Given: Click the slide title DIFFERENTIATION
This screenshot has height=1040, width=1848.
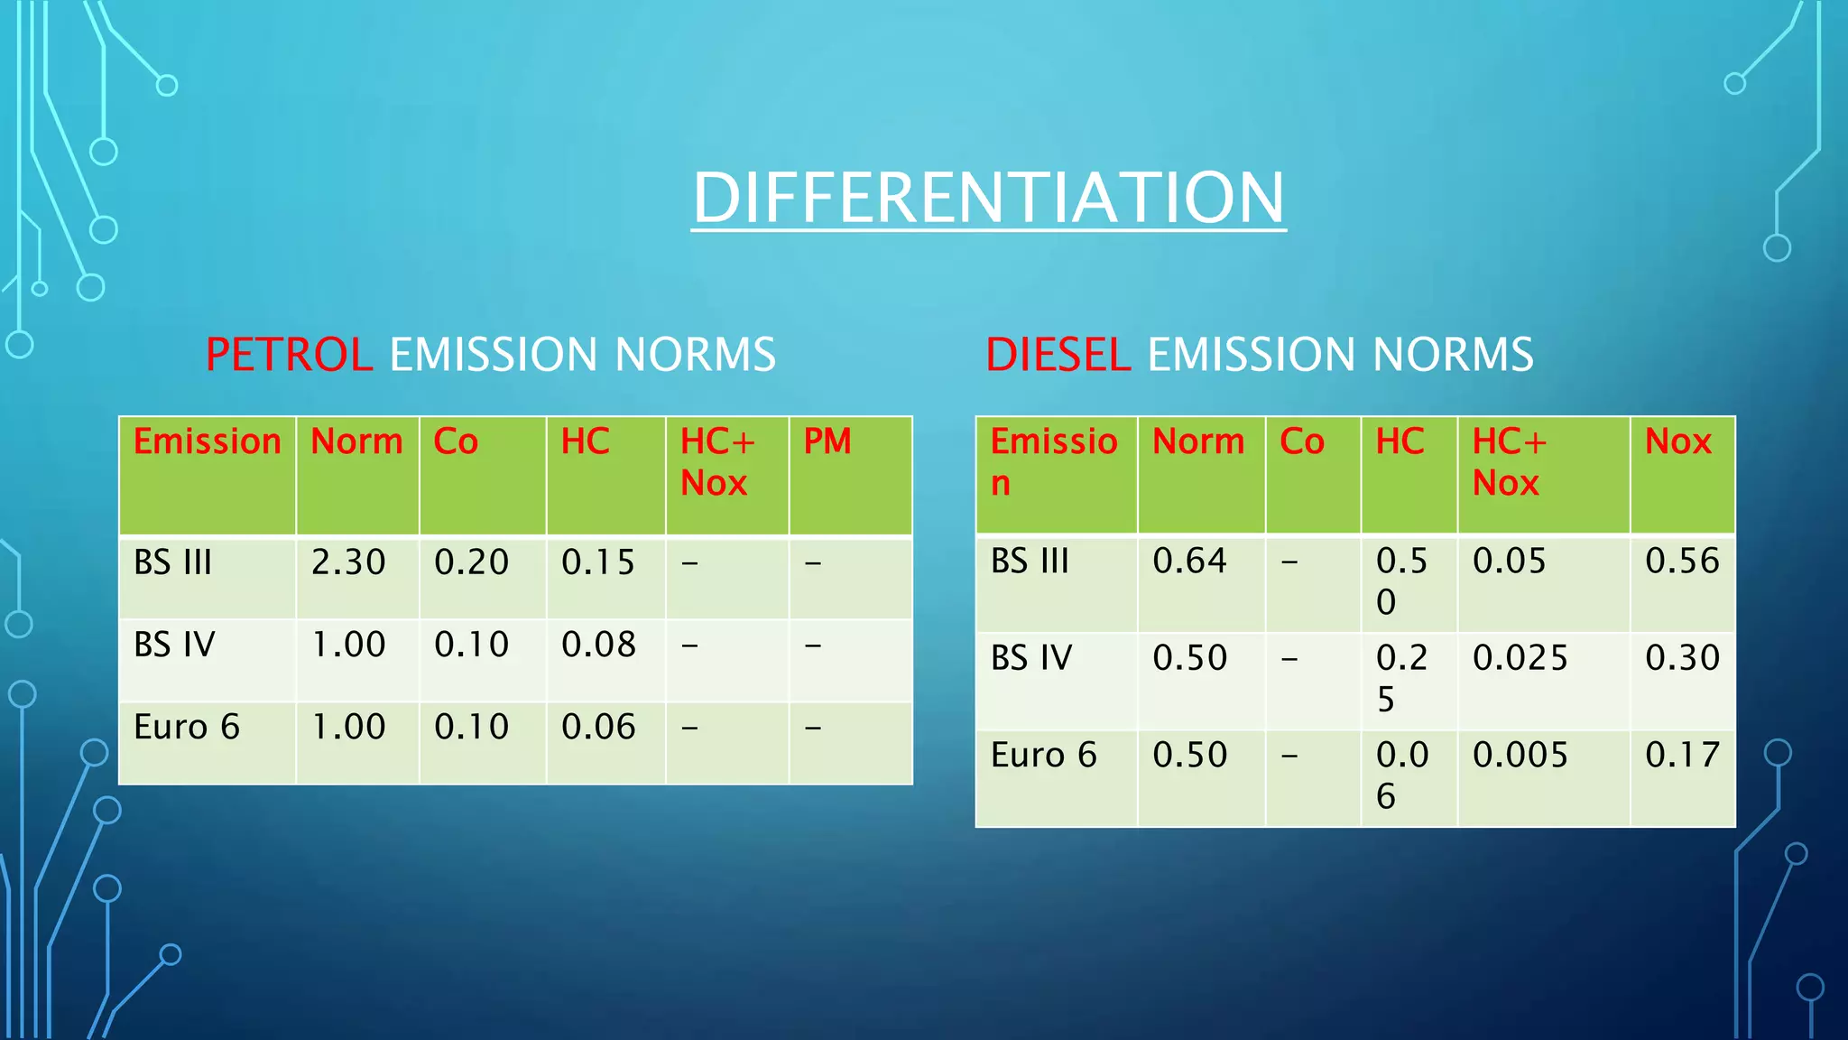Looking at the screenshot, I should click(x=988, y=198).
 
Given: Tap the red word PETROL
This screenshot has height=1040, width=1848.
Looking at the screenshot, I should click(x=289, y=354).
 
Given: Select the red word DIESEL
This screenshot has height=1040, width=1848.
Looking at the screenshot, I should click(x=1058, y=354).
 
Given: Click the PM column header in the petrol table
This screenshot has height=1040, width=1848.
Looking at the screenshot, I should click(x=827, y=441).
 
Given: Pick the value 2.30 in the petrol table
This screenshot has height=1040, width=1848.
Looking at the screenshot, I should click(x=348, y=562).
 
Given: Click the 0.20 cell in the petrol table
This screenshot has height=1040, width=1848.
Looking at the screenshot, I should click(x=471, y=562).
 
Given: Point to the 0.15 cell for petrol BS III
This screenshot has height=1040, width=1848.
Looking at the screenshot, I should click(x=598, y=562).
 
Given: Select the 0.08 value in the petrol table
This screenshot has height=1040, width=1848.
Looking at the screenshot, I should click(x=598, y=645).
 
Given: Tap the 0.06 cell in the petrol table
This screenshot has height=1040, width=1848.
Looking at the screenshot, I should click(x=598, y=727).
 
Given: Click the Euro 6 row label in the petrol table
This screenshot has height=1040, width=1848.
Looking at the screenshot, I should click(x=187, y=727).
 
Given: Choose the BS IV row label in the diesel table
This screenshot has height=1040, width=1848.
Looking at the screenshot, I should click(x=1030, y=657).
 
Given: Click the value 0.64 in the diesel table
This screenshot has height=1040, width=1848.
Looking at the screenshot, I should click(x=1189, y=561).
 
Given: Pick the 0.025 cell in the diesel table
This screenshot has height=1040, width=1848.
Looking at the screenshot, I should click(x=1520, y=657).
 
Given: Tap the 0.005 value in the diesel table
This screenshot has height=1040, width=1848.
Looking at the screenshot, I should click(x=1520, y=755).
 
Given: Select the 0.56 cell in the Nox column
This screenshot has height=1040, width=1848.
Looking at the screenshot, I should click(x=1682, y=561).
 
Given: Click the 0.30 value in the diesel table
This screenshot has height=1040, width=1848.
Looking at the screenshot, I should click(x=1682, y=657).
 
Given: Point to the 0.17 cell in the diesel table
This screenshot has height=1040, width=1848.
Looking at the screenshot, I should click(x=1682, y=755).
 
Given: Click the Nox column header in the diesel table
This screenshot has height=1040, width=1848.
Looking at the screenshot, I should click(x=1677, y=441).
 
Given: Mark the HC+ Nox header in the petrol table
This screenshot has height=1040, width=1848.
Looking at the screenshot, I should click(x=716, y=462).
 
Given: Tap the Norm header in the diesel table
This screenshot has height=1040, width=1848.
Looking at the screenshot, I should click(x=1198, y=441).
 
